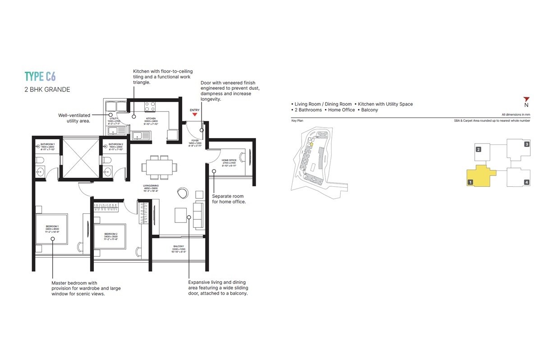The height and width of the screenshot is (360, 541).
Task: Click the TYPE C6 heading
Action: pos(41,76)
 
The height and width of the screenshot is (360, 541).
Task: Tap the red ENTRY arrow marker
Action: pos(195,115)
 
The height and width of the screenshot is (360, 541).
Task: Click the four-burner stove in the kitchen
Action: pos(150,106)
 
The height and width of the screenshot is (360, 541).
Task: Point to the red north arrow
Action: pos(526,99)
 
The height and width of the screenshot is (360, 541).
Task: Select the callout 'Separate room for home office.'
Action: pos(229,199)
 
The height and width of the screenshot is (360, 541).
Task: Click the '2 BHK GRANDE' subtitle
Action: pos(47,89)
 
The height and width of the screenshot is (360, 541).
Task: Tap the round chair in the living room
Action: pos(183,192)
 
